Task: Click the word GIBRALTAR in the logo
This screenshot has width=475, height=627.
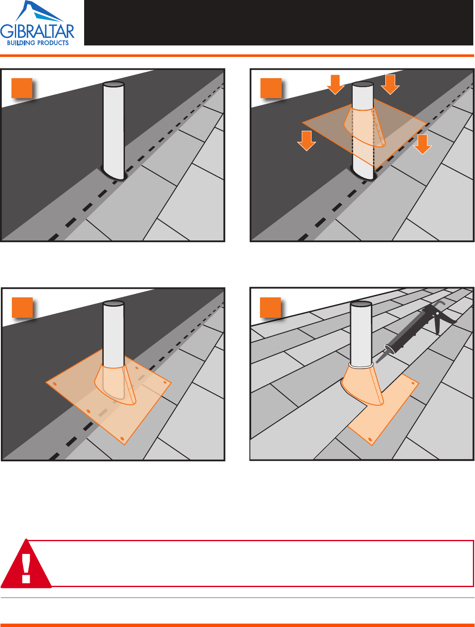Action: (x=37, y=32)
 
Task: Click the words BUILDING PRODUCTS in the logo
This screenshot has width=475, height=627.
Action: (x=38, y=43)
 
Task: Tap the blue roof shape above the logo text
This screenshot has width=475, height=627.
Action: (x=40, y=11)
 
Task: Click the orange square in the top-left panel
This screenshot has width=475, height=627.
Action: (x=22, y=88)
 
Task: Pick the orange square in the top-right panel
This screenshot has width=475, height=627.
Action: (x=271, y=88)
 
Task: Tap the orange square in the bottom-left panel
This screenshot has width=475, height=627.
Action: (x=22, y=308)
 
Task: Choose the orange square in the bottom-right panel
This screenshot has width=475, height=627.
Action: (x=271, y=308)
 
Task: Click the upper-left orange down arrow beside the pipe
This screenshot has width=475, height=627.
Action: (x=335, y=85)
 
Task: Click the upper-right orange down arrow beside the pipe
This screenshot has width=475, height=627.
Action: (x=390, y=85)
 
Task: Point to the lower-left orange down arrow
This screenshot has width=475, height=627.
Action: (x=306, y=141)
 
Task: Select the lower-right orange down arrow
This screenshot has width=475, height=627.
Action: (x=422, y=144)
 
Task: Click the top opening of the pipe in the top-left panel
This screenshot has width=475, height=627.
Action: (x=113, y=84)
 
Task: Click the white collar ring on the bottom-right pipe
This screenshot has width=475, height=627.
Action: (x=361, y=365)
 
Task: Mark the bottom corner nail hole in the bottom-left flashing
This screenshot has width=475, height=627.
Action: (x=122, y=438)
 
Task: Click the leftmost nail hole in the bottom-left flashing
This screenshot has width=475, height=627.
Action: (x=54, y=384)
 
